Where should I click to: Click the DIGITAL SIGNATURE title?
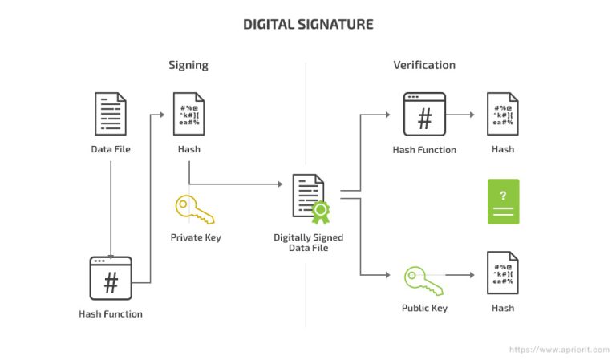point(308,24)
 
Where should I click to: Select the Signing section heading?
point(188,65)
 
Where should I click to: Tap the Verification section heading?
point(423,65)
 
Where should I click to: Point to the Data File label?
point(111,149)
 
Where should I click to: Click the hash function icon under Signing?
point(111,278)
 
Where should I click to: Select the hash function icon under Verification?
point(424,114)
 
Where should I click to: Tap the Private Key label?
point(195,237)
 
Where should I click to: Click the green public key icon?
point(423,280)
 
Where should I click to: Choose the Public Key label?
point(424,308)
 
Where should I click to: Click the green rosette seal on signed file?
point(321,213)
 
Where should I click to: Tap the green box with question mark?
point(503,201)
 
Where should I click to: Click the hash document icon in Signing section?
point(188,115)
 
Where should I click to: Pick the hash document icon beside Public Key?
point(503,273)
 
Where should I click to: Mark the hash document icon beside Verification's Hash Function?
point(503,114)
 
